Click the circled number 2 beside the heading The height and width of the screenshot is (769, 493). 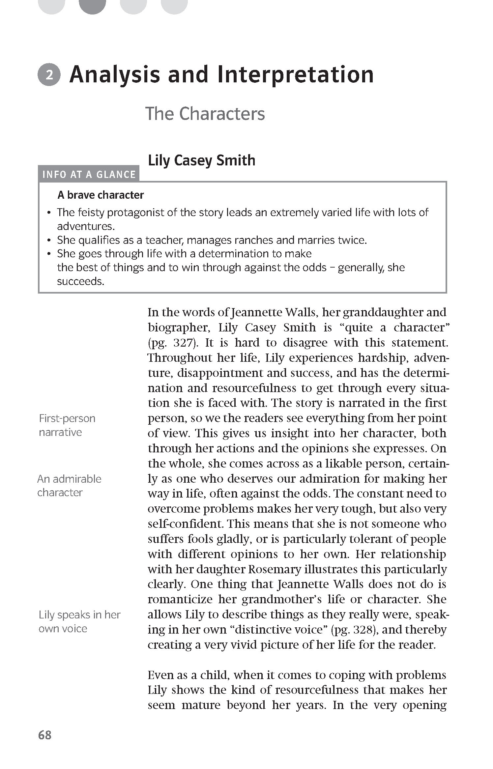point(49,75)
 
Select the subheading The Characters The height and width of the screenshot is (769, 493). point(205,114)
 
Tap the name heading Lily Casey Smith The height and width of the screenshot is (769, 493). point(201,160)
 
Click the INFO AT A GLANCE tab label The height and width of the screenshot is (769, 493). point(89,174)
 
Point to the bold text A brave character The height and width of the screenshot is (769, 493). point(101,195)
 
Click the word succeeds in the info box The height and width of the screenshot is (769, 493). point(80,281)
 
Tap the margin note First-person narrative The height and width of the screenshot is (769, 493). point(67,425)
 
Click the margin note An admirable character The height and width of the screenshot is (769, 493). point(69,485)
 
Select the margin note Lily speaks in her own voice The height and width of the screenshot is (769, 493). point(79,621)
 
